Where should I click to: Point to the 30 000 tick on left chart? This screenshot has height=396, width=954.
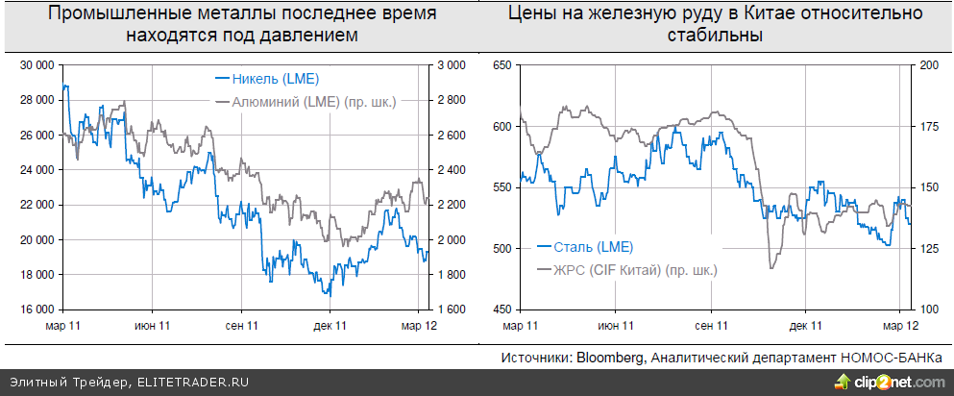click(x=37, y=65)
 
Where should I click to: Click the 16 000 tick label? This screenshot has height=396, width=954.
click(x=37, y=309)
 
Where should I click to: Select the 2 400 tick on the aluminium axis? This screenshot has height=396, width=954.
click(x=452, y=170)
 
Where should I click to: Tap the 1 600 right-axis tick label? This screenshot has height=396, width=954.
click(x=452, y=309)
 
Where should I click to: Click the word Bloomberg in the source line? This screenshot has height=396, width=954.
click(x=610, y=358)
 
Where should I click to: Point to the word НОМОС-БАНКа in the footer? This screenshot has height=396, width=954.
click(x=893, y=358)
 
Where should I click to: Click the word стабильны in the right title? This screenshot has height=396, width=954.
click(x=715, y=36)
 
